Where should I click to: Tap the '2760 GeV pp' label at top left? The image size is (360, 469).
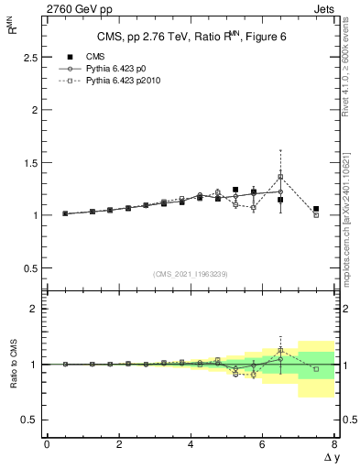[x=48, y=7]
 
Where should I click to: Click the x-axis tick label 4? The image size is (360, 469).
[x=191, y=444]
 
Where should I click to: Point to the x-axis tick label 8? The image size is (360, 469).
[x=334, y=444]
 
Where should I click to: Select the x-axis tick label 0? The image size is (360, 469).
[x=47, y=444]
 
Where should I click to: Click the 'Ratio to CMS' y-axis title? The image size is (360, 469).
[x=14, y=365]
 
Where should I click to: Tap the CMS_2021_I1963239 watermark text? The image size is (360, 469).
[x=191, y=273]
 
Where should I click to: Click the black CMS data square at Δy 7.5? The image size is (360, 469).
[x=316, y=209]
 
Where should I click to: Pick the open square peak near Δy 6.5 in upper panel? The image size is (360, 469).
[x=280, y=176]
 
